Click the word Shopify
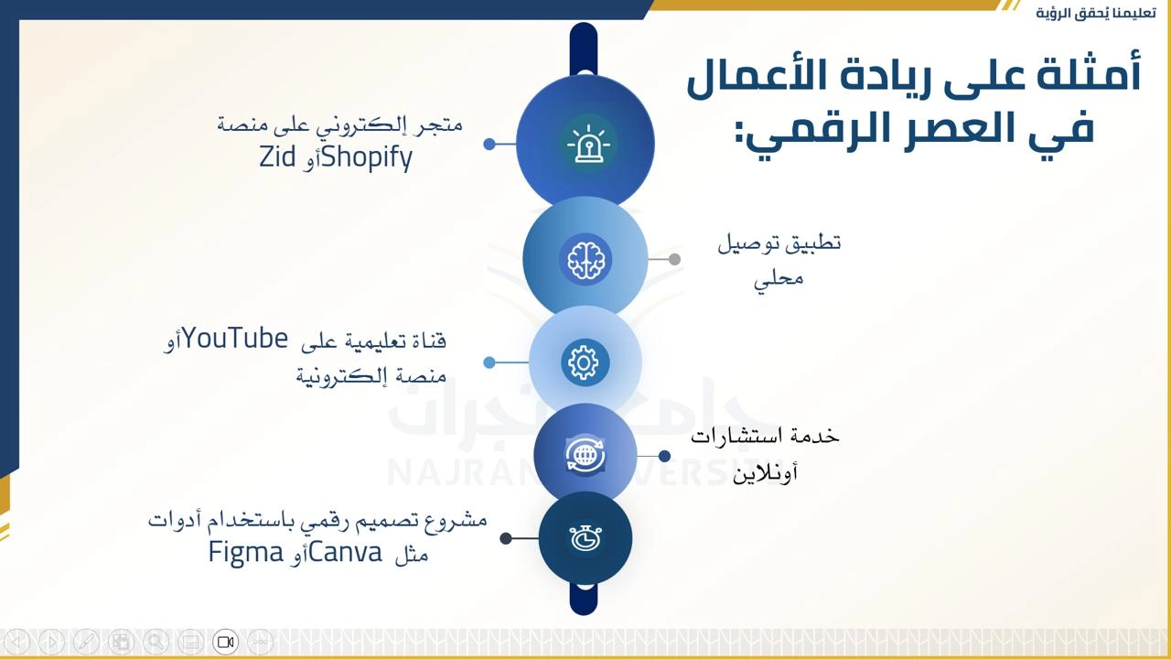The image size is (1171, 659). coord(367,157)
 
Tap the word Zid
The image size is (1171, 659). coord(277,157)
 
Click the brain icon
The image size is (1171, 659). coord(585,259)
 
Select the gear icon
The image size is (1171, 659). coord(585,362)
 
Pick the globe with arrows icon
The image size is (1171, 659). coord(585,456)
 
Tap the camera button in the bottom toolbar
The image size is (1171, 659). coord(225,642)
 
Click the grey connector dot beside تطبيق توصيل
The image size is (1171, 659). coord(674,259)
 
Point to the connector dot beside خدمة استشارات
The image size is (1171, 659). coord(664,456)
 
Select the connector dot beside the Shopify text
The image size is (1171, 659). coord(489,144)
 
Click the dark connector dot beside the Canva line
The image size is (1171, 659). coord(506,538)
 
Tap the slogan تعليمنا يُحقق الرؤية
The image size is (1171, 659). coord(1089,13)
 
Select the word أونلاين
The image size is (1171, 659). coord(765,473)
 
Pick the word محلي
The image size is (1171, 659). coord(779,278)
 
